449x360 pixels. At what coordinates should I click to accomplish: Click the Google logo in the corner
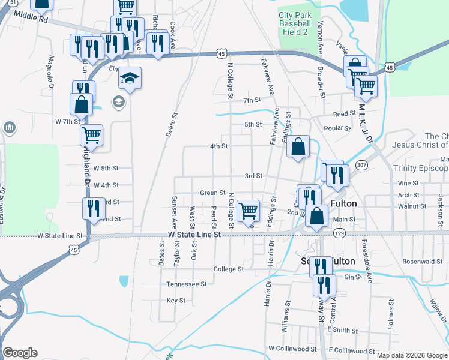click(20, 353)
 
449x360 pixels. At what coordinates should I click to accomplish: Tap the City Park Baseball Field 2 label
click(295, 23)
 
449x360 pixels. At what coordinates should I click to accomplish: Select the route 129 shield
click(339, 232)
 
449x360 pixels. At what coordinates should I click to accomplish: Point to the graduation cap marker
click(129, 78)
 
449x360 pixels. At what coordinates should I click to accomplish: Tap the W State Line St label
click(192, 235)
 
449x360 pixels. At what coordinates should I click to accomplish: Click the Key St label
click(176, 300)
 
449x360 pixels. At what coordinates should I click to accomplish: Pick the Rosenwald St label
click(423, 261)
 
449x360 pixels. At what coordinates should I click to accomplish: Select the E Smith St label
click(342, 331)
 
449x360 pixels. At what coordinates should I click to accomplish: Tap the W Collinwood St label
click(292, 348)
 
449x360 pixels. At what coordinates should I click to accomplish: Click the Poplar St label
click(337, 128)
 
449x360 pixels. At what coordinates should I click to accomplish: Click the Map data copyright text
click(412, 355)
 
